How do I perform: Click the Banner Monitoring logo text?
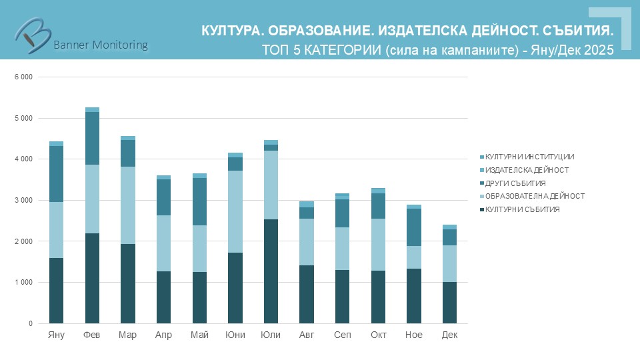point(100,45)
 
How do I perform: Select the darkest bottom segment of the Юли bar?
point(271,271)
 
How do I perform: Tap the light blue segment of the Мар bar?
point(127,205)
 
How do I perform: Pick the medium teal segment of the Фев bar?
point(92,138)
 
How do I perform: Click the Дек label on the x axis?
point(449,335)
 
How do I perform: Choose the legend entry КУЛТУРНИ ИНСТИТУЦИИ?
point(530,157)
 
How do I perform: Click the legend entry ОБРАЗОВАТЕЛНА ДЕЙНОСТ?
point(535,196)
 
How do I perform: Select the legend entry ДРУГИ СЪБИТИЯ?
point(516,183)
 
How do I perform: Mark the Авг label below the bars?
point(307,335)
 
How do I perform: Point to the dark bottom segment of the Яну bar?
point(56,291)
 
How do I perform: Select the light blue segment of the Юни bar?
point(235,211)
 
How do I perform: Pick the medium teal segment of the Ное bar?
point(413,227)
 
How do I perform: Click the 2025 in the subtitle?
point(599,50)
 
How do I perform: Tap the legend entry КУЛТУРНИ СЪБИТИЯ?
point(523,209)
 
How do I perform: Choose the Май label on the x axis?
point(199,335)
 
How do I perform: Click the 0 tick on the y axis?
point(29,324)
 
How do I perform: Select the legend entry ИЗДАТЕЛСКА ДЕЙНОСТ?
point(527,170)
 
